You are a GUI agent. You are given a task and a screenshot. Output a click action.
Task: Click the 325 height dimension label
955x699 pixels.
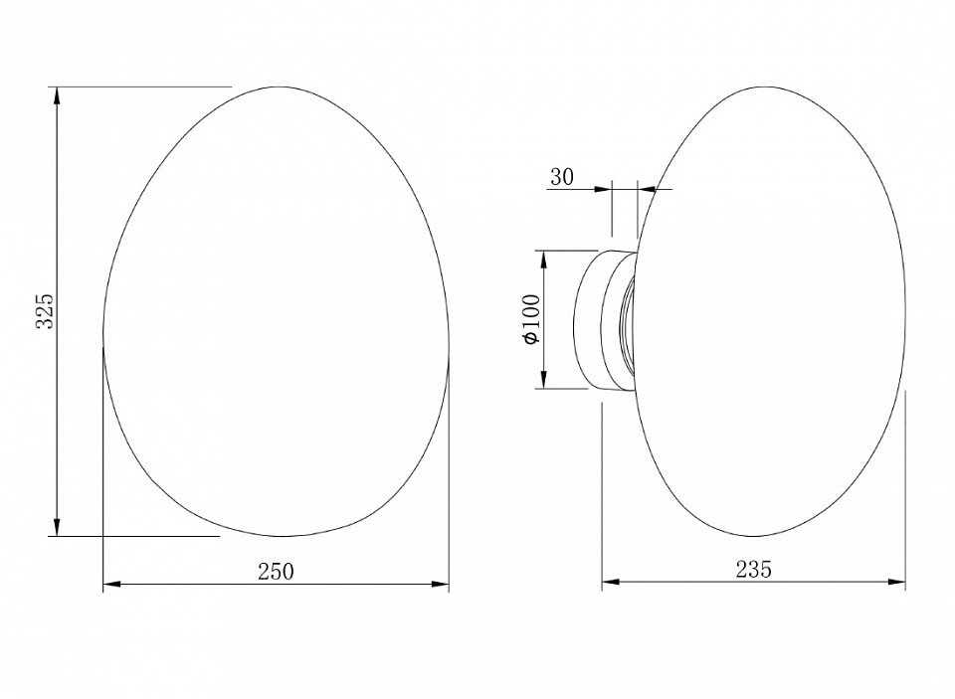[45, 311]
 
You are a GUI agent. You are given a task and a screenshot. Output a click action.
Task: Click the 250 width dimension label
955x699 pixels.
[276, 572]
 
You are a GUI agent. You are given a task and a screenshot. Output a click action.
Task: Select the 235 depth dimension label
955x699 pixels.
[753, 569]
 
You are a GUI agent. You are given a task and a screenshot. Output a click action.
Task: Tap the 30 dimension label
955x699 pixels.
[562, 177]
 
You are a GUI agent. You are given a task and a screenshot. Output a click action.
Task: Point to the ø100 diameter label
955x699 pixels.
[531, 319]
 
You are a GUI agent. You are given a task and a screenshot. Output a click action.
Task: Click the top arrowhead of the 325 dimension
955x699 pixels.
[57, 96]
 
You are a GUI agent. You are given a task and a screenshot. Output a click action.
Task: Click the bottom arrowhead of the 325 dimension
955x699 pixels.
[57, 527]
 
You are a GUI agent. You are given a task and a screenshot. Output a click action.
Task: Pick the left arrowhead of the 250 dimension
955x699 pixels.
[112, 585]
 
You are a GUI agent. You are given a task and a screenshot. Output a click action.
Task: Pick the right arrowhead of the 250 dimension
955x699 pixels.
[440, 585]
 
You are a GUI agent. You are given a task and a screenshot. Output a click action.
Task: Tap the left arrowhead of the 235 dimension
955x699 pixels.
[611, 582]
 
